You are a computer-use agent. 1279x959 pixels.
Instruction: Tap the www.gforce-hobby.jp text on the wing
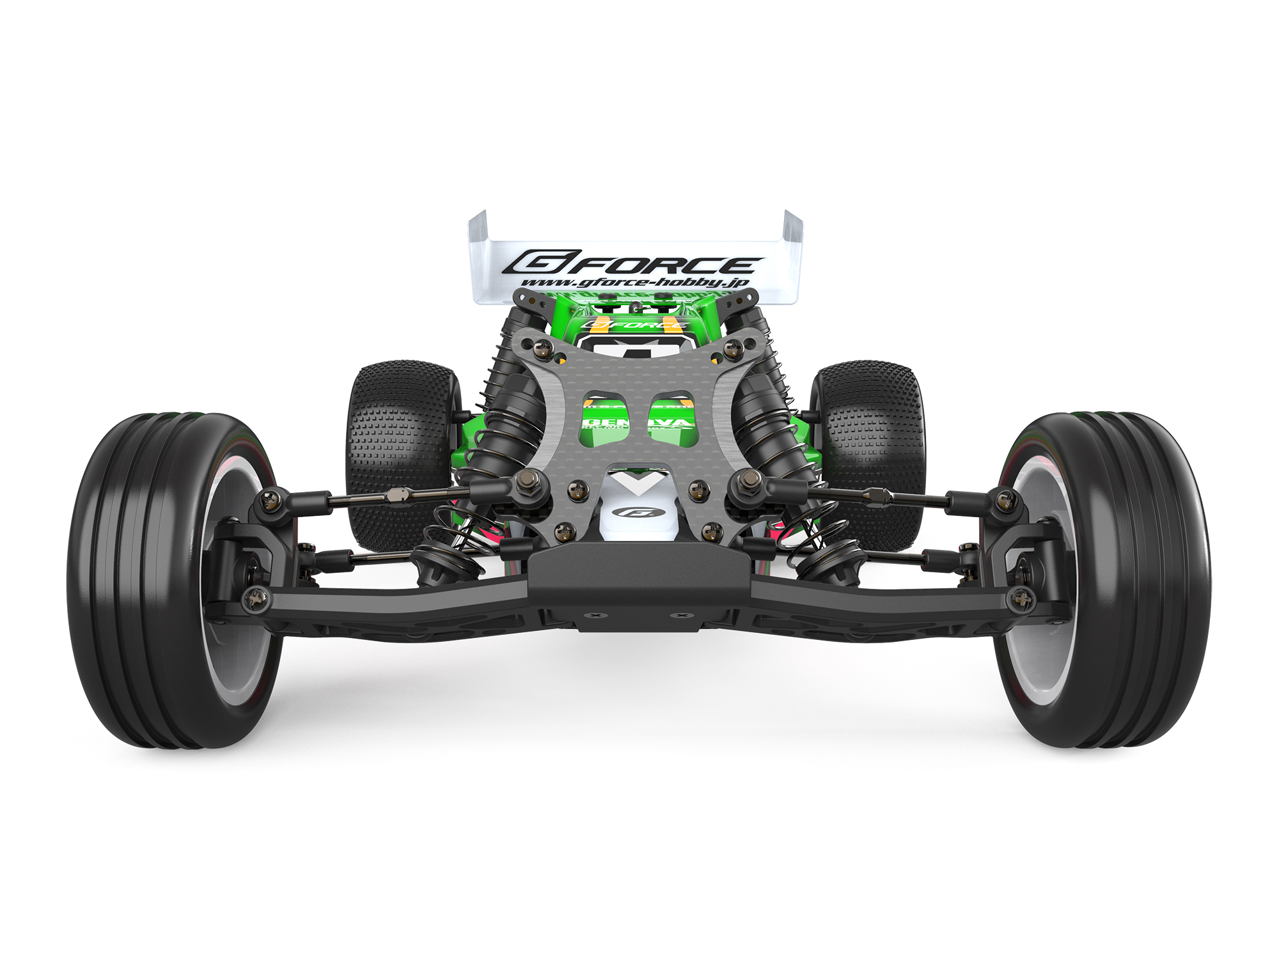pyautogui.click(x=634, y=283)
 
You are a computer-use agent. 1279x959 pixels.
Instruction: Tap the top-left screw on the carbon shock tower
pyautogui.click(x=544, y=347)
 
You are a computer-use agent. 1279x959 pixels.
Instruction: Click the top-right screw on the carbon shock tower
pyautogui.click(x=732, y=348)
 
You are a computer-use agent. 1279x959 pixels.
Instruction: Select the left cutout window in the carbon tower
pyautogui.click(x=605, y=419)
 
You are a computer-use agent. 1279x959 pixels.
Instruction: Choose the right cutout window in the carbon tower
pyautogui.click(x=671, y=419)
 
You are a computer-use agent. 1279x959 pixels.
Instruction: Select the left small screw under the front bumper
pyautogui.click(x=598, y=615)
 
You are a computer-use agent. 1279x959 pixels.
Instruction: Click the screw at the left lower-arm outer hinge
pyautogui.click(x=257, y=598)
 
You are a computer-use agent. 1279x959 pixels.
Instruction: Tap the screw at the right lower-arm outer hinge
pyautogui.click(x=1021, y=599)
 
